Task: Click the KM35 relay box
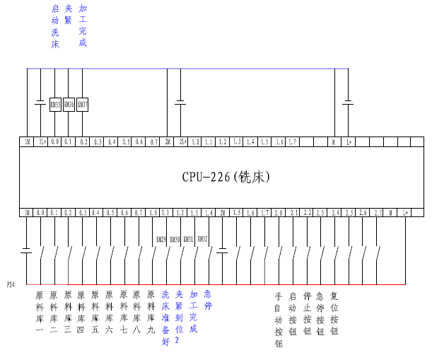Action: pyautogui.click(x=55, y=105)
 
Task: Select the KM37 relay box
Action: pyautogui.click(x=83, y=105)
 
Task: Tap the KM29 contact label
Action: pyautogui.click(x=161, y=240)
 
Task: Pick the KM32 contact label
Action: pyautogui.click(x=202, y=240)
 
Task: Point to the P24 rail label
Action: pyautogui.click(x=10, y=285)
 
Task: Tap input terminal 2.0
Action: pyautogui.click(x=278, y=212)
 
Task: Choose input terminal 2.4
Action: pyautogui.click(x=335, y=212)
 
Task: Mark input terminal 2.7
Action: pyautogui.click(x=378, y=212)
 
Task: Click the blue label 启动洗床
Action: pyautogui.click(x=55, y=26)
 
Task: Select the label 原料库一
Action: pyautogui.click(x=40, y=312)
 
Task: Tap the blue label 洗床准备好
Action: pyautogui.click(x=165, y=317)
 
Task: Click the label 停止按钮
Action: pyautogui.click(x=307, y=312)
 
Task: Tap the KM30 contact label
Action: pyautogui.click(x=175, y=240)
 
